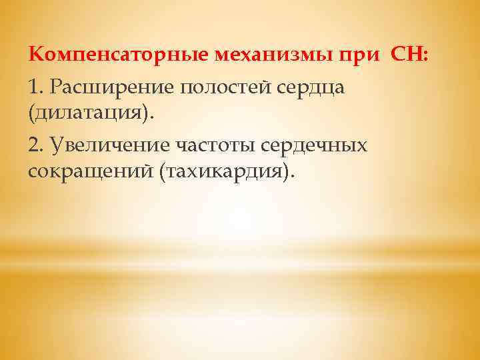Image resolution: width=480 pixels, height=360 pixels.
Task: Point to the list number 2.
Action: point(36,145)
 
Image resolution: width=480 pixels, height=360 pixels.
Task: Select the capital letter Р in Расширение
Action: point(57,87)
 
